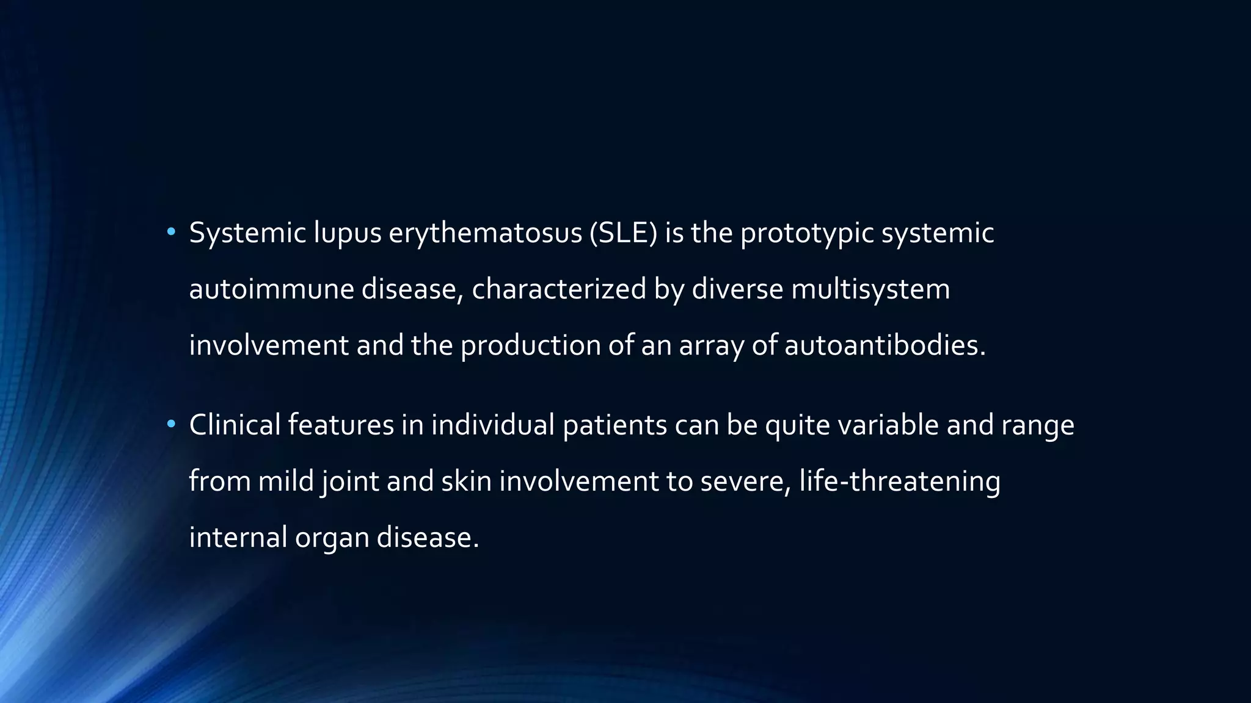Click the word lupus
click(348, 233)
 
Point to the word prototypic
click(807, 233)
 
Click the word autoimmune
click(271, 289)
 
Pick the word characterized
click(558, 289)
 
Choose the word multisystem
click(870, 289)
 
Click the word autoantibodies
click(884, 345)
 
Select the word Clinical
click(235, 425)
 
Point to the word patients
click(615, 425)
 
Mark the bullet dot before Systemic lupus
click(171, 232)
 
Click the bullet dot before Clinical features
click(171, 424)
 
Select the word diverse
click(737, 289)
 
